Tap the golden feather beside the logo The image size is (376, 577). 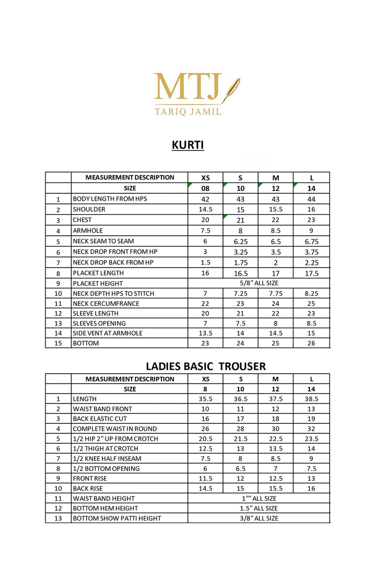(x=231, y=90)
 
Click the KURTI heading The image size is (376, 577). (x=188, y=145)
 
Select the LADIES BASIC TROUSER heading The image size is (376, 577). (x=206, y=366)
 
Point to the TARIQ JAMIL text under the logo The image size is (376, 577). (x=188, y=111)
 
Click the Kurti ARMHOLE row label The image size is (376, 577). (x=88, y=230)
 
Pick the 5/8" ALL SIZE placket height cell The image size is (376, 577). (x=258, y=283)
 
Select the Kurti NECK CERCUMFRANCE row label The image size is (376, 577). (x=107, y=303)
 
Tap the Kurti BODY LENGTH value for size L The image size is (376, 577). (x=311, y=199)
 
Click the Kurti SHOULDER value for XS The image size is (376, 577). (x=205, y=209)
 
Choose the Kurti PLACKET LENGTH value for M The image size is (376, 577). (x=276, y=273)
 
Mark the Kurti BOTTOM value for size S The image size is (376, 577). (x=240, y=343)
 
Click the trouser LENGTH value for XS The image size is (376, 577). (x=205, y=399)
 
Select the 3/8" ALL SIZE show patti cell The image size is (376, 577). (x=258, y=518)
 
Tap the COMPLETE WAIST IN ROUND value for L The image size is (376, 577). (x=311, y=429)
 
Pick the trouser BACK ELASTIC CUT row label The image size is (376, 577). (x=100, y=419)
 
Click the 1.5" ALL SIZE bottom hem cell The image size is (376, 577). (x=258, y=508)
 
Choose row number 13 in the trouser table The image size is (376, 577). (x=58, y=518)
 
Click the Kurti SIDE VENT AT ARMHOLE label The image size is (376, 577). (x=108, y=333)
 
